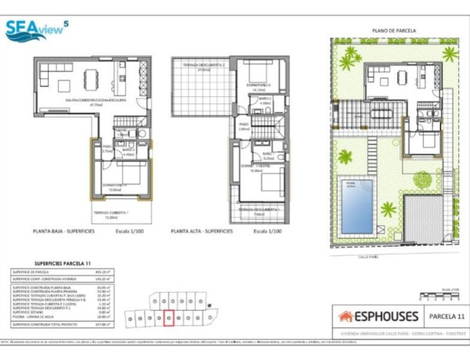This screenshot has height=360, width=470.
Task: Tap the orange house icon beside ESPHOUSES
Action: pos(345,317)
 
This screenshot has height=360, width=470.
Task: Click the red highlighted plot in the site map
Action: pos(169,318)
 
